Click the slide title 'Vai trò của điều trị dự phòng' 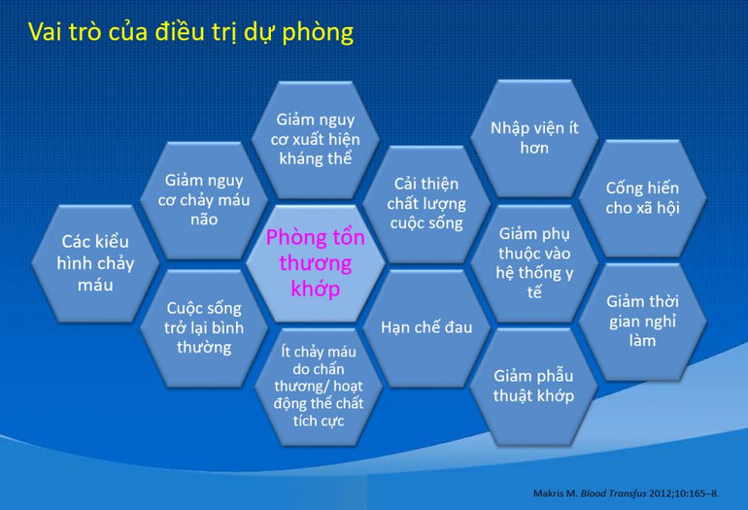click(190, 32)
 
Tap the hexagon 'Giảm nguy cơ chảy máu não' click(204, 200)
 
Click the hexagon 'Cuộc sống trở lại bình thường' click(204, 326)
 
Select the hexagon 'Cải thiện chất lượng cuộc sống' click(425, 203)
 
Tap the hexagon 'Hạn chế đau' click(425, 327)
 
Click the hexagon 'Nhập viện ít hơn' click(533, 138)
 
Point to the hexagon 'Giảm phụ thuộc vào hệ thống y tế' click(533, 262)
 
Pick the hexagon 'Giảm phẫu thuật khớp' click(533, 385)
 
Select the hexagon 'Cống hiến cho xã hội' click(642, 198)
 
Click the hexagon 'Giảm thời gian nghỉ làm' click(642, 321)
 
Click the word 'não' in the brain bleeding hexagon click(204, 220)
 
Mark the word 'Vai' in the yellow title click(48, 32)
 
